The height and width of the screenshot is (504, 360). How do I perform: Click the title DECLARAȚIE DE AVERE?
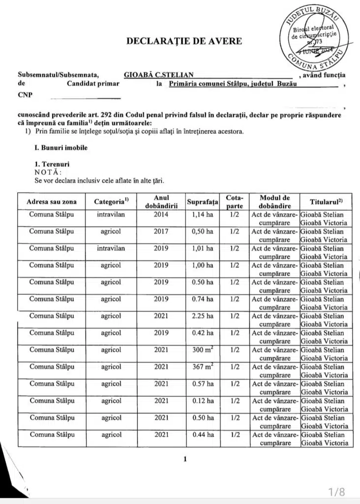pyautogui.click(x=184, y=41)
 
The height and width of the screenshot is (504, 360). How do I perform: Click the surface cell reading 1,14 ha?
pyautogui.click(x=203, y=215)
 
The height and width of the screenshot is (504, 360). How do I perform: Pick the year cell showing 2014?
pyautogui.click(x=161, y=215)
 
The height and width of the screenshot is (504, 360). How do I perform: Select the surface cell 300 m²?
pyautogui.click(x=203, y=350)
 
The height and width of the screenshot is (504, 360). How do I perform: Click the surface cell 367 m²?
pyautogui.click(x=203, y=367)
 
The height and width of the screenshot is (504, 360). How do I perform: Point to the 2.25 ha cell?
pyautogui.click(x=203, y=316)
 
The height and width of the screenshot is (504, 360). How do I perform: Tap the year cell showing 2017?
pyautogui.click(x=161, y=231)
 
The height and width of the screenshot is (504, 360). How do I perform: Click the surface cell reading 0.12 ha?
pyautogui.click(x=203, y=401)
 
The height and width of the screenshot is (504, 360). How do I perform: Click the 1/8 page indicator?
pyautogui.click(x=337, y=491)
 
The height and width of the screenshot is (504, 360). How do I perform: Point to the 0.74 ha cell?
pyautogui.click(x=203, y=299)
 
